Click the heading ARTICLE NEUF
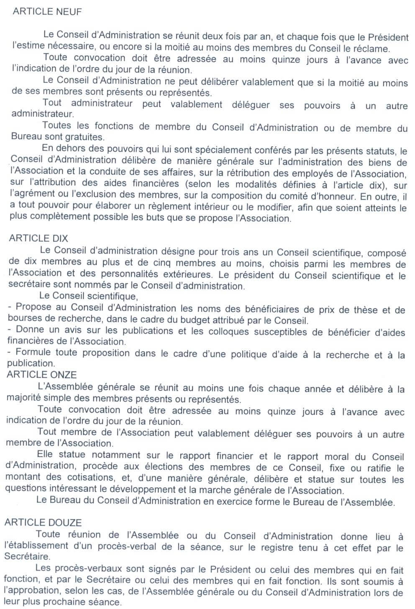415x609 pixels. click(x=47, y=11)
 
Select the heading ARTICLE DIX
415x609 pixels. click(x=38, y=238)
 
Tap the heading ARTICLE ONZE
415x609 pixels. click(x=41, y=374)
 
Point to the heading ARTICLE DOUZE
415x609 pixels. click(x=43, y=522)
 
